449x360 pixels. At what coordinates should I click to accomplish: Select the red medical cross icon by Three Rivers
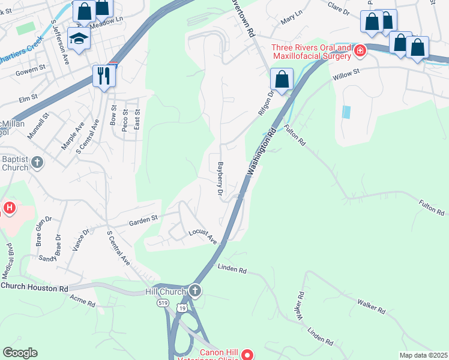[360, 50]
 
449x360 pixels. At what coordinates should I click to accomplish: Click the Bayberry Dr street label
[220, 179]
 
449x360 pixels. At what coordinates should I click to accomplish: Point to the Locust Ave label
[202, 236]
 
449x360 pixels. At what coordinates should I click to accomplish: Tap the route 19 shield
[182, 307]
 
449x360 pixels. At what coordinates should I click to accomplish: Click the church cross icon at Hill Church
[194, 292]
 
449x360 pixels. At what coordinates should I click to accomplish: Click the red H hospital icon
[10, 209]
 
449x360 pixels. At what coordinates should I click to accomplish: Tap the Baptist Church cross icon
[37, 163]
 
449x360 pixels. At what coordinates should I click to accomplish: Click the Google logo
[20, 353]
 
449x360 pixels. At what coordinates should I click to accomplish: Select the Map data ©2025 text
[423, 355]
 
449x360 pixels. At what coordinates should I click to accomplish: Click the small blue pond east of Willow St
[346, 112]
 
